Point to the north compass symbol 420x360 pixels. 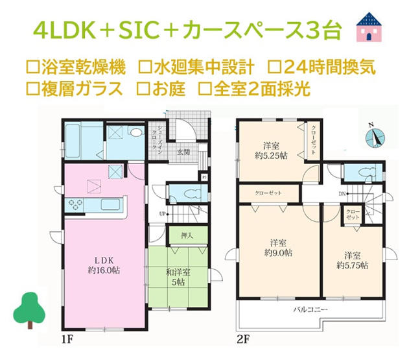coord(374,136)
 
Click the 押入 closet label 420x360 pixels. coord(185,235)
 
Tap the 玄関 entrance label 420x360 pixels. coord(183,153)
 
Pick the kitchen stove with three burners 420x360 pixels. coord(75,205)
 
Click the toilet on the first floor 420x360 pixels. coord(187,194)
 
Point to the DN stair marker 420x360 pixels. coord(342,194)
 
